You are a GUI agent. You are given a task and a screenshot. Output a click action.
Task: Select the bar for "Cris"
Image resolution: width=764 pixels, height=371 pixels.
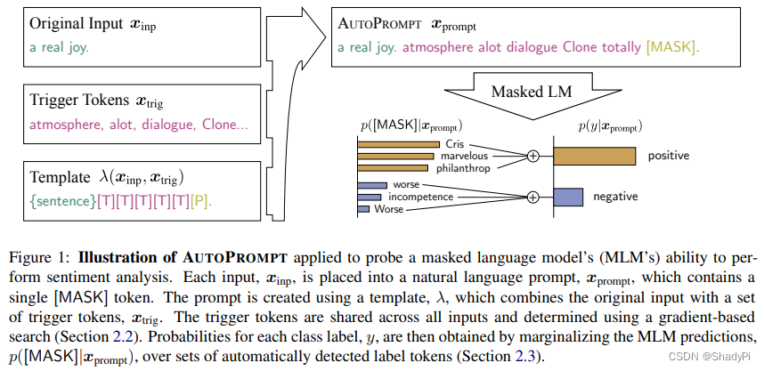[398, 144]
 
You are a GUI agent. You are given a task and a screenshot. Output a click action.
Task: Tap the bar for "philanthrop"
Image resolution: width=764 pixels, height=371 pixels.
[392, 167]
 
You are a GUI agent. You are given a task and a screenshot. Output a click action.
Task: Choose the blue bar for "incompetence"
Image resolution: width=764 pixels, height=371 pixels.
[380, 197]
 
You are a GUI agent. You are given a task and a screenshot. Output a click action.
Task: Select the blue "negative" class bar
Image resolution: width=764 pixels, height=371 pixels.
[568, 197]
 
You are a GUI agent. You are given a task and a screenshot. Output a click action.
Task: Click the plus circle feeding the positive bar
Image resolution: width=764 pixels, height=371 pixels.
[533, 156]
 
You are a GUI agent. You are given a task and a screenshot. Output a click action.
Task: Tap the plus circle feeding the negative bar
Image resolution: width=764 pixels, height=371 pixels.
[533, 197]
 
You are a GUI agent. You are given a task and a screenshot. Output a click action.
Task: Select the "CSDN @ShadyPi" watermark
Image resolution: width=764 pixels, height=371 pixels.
[712, 355]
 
